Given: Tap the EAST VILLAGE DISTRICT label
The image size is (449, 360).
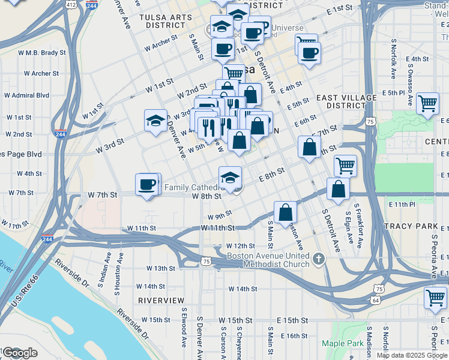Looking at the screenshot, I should pyautogui.click(x=346, y=101).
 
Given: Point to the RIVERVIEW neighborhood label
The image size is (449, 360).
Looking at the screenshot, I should pyautogui.click(x=161, y=299).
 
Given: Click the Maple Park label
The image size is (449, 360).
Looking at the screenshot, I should pyautogui.click(x=342, y=343).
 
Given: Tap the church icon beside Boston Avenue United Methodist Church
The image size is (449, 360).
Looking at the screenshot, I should pyautogui.click(x=319, y=259).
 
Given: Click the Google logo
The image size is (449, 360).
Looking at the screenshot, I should pyautogui.click(x=19, y=352).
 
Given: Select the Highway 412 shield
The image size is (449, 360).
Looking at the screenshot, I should pyautogui.click(x=71, y=5).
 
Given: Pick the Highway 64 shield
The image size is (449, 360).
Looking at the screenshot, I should pyautogui.click(x=375, y=299).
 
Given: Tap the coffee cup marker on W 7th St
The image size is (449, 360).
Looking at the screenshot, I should pyautogui.click(x=147, y=185).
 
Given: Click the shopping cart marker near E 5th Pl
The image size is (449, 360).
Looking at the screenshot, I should pyautogui.click(x=427, y=104).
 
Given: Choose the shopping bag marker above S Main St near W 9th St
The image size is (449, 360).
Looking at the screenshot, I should pyautogui.click(x=285, y=212).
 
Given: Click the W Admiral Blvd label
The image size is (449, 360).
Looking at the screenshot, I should pyautogui.click(x=26, y=95).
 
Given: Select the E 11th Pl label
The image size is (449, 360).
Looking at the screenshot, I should pyautogui.click(x=402, y=205).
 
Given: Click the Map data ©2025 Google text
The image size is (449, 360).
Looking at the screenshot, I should pyautogui.click(x=412, y=355).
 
